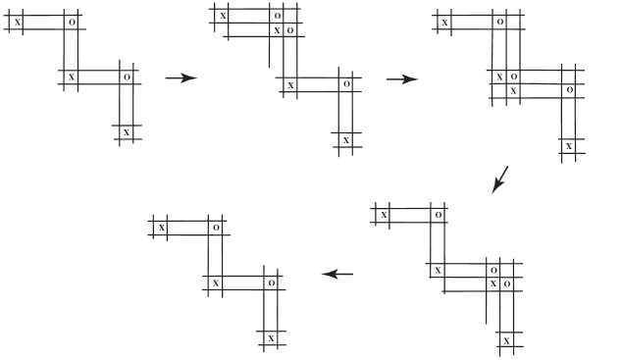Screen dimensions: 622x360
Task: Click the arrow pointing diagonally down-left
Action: point(500,180)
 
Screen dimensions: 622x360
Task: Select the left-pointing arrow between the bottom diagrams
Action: point(337,274)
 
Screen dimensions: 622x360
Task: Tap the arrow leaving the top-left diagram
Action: point(181,78)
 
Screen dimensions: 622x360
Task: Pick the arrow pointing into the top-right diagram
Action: point(402,79)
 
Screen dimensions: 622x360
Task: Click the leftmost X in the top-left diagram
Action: point(18,21)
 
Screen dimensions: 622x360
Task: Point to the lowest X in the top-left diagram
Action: point(126,131)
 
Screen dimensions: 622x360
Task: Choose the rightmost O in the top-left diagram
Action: point(126,77)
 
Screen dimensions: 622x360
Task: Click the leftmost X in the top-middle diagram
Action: point(223,16)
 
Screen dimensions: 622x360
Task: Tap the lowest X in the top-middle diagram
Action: point(345,140)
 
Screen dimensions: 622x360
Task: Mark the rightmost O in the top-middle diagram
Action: point(345,84)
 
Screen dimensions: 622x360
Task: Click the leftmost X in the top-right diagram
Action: point(444,22)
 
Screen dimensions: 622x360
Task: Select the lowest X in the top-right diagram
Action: point(568,146)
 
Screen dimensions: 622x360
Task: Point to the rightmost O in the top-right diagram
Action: point(569,89)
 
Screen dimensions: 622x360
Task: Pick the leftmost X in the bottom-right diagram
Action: point(384,214)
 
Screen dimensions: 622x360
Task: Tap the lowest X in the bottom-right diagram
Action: point(506,339)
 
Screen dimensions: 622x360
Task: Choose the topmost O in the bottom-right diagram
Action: point(438,214)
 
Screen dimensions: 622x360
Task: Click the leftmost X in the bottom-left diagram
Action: point(162,228)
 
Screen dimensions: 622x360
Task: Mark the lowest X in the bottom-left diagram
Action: point(271,338)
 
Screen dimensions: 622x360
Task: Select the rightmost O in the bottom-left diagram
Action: point(271,283)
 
